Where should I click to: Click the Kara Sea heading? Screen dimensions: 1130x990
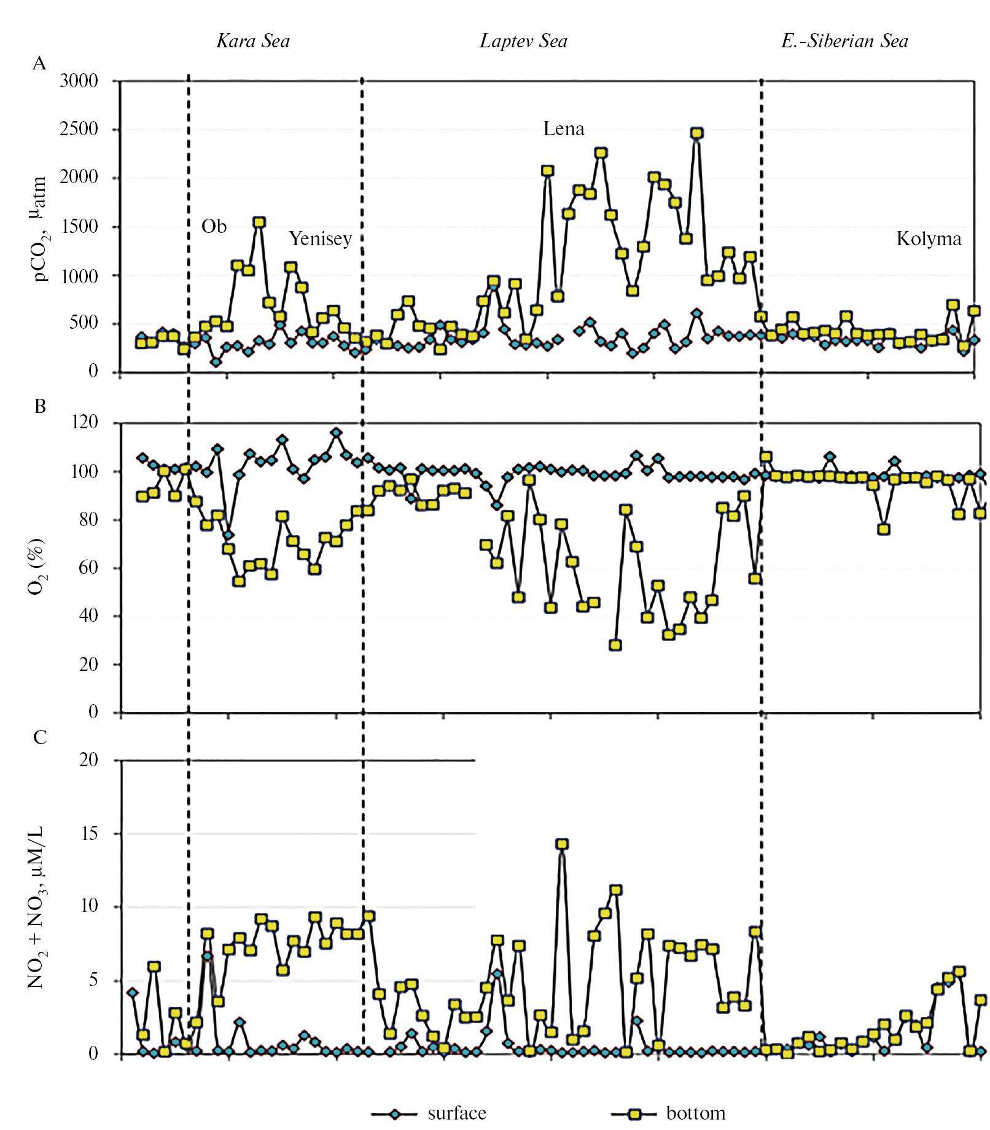tap(253, 41)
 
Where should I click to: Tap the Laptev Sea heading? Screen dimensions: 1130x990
tap(523, 41)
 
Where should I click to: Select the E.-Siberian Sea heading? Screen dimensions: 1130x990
tap(844, 41)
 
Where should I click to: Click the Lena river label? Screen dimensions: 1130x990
tap(563, 129)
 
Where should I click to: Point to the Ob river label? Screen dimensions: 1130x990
tap(214, 227)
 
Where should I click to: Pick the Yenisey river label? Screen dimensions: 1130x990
tap(320, 238)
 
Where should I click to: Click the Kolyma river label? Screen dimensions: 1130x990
tap(929, 238)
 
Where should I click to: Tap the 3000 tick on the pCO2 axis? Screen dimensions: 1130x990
tap(79, 81)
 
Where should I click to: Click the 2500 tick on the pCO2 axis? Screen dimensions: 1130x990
tap(79, 129)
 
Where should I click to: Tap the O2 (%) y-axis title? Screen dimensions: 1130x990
tap(36, 567)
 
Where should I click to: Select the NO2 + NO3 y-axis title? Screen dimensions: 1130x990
tap(36, 907)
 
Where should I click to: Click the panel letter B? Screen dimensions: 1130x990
tap(40, 406)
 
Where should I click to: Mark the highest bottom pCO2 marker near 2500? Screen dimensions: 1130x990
tap(696, 133)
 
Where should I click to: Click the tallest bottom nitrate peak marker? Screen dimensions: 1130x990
tap(562, 844)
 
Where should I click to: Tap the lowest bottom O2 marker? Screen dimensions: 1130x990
tap(615, 645)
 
